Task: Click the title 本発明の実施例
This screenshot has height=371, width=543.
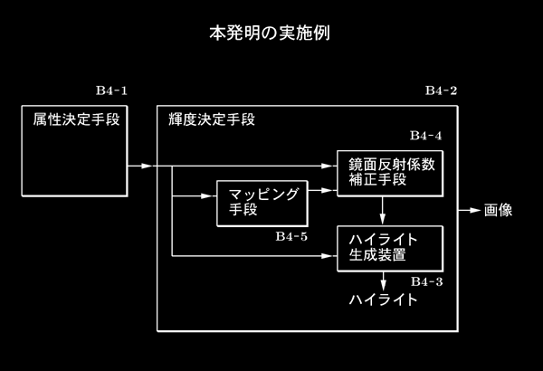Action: (270, 33)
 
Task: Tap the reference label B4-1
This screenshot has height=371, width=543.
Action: (111, 90)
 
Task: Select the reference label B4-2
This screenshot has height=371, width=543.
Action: (442, 90)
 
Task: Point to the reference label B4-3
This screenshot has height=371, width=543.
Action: (427, 282)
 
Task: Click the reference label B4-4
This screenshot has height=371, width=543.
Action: (426, 136)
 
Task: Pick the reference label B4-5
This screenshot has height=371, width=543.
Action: (291, 236)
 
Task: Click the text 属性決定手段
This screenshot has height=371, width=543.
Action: (77, 119)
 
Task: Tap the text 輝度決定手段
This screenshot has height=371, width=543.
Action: (212, 119)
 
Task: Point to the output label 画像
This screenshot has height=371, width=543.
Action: (498, 210)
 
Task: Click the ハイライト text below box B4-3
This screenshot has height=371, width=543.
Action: (383, 300)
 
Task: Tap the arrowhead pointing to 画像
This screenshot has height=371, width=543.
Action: (475, 210)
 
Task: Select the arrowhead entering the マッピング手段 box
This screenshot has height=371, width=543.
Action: (207, 196)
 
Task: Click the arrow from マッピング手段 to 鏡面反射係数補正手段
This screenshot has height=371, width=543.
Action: (322, 191)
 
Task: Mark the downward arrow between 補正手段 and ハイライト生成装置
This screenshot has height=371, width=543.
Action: (382, 211)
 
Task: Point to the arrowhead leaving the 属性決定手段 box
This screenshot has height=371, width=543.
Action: (147, 166)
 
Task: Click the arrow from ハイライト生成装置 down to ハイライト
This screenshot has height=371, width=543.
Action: (383, 281)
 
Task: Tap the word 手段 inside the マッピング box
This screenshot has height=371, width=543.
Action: (243, 210)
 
